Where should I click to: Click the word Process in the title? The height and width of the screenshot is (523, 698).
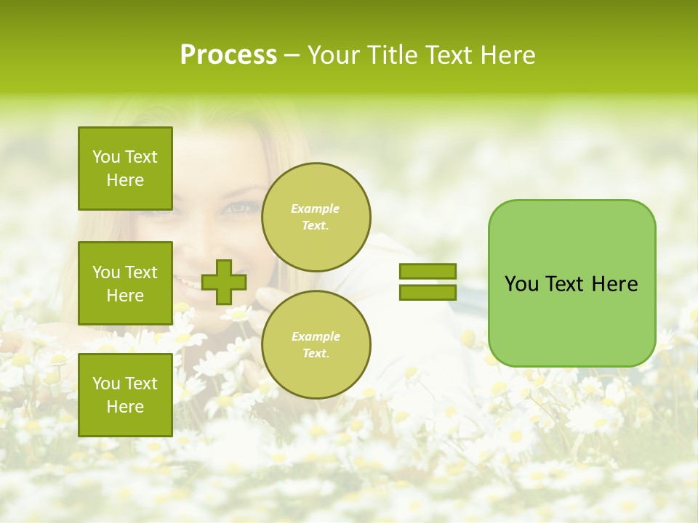(x=228, y=55)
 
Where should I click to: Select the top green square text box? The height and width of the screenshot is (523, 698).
(x=125, y=169)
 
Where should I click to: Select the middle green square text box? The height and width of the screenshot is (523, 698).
(x=125, y=283)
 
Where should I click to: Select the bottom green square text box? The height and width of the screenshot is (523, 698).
(x=125, y=395)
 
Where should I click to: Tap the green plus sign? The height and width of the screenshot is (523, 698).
(x=224, y=282)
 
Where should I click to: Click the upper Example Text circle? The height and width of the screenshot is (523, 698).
(x=316, y=217)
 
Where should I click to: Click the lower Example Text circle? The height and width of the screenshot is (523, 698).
(x=316, y=345)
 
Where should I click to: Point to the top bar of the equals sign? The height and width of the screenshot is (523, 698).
(x=428, y=272)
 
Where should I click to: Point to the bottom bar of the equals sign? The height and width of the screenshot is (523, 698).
(x=428, y=292)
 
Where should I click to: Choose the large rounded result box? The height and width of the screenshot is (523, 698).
(x=571, y=283)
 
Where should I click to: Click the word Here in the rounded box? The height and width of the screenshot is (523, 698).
(x=616, y=284)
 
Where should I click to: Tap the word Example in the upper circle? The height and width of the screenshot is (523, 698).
(x=316, y=208)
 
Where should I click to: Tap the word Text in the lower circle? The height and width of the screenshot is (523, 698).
(x=316, y=354)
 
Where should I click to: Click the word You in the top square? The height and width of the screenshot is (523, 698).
(x=106, y=157)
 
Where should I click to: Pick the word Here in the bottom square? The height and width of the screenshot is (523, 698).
(x=125, y=407)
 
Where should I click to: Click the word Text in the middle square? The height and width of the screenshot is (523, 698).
(x=141, y=272)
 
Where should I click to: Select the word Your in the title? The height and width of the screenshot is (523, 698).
(x=332, y=55)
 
